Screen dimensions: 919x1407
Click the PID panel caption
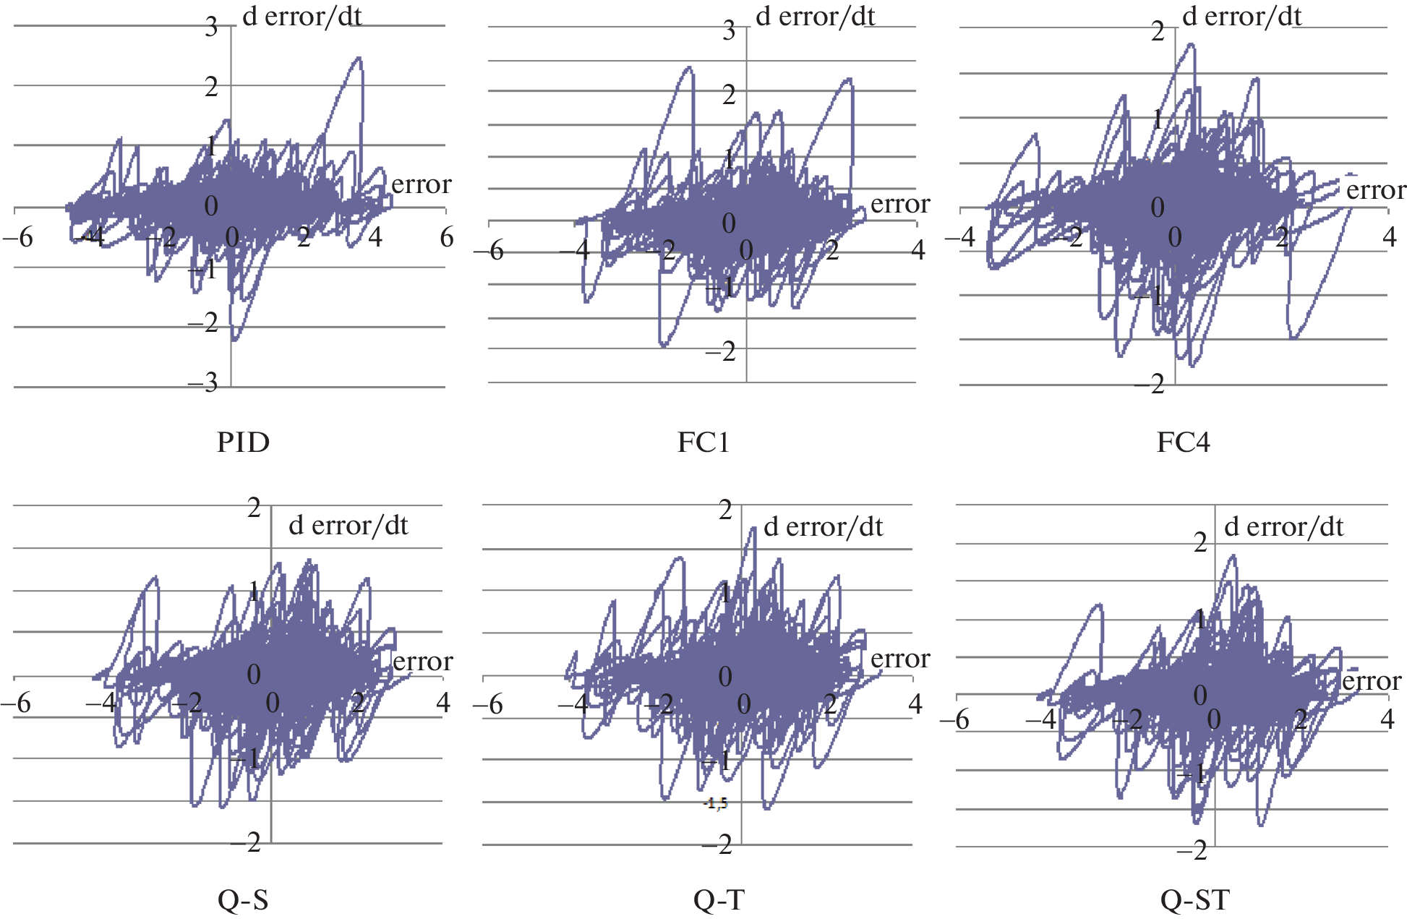click(x=243, y=442)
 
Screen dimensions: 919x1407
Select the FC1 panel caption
click(x=703, y=442)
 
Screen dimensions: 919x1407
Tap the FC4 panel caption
click(x=1183, y=442)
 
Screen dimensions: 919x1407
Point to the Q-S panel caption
click(x=243, y=900)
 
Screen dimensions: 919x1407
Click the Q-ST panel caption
click(x=1194, y=900)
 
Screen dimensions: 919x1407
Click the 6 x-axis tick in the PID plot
click(x=447, y=236)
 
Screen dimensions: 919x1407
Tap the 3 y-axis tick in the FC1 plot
click(x=729, y=30)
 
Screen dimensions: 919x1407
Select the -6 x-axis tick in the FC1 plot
click(x=489, y=251)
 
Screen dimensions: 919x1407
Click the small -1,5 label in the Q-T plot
click(x=716, y=803)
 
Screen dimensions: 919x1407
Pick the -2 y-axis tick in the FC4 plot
click(x=1150, y=384)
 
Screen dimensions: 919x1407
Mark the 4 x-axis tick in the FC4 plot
click(x=1389, y=237)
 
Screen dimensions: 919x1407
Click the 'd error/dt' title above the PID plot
click(x=301, y=16)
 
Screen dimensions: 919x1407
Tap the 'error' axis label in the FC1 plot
click(x=900, y=204)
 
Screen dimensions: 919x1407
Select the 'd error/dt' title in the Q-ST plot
click(x=1283, y=526)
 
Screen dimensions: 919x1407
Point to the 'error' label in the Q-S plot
click(x=422, y=661)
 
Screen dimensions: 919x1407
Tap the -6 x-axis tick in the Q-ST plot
click(x=954, y=719)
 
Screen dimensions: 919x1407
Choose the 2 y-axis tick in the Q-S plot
click(x=254, y=508)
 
